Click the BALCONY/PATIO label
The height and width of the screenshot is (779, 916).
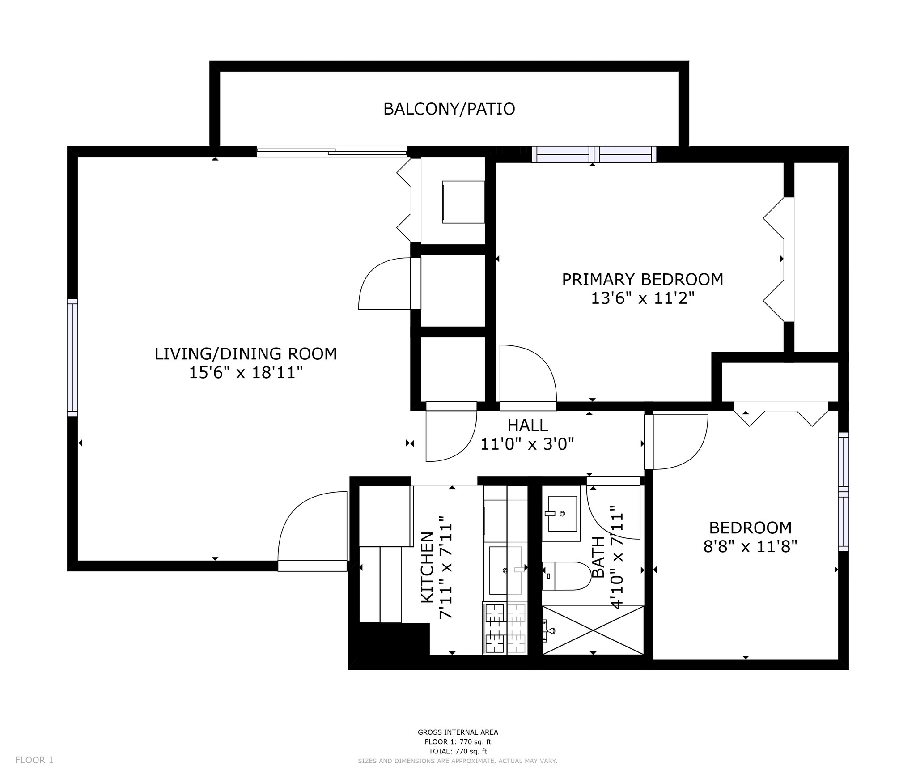pos(449,109)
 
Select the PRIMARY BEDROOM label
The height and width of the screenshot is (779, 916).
pos(642,279)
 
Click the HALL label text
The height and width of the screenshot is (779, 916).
pos(527,425)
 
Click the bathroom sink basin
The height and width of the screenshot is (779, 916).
pos(562,513)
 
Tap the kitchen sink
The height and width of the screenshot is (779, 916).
pos(505,570)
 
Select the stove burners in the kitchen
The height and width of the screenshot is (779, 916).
pos(505,628)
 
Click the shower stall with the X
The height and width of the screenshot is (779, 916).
pos(593,630)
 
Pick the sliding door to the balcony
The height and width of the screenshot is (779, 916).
pos(332,152)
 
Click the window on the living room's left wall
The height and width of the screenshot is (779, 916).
pos(72,357)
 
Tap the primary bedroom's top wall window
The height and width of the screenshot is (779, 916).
pos(594,154)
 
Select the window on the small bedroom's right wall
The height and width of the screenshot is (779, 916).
pos(843,491)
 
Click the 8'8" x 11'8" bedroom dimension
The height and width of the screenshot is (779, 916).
pos(750,547)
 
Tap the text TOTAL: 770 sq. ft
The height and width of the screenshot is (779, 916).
pos(458,751)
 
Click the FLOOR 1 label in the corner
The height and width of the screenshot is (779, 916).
pos(34,760)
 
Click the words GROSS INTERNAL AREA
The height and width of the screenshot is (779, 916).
pos(458,732)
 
